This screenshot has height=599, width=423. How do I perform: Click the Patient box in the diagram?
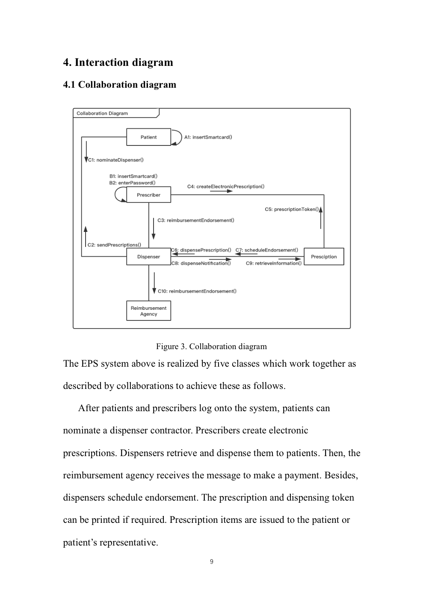[x=148, y=137]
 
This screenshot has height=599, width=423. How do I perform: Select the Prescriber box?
[x=148, y=195]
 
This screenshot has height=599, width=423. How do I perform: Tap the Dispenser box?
[x=148, y=257]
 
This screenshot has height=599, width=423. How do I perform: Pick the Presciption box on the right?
[x=324, y=257]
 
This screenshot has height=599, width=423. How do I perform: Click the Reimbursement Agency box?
[x=148, y=311]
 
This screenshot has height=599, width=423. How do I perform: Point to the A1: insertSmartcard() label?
[x=208, y=137]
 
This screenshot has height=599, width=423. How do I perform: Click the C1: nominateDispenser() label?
[x=116, y=160]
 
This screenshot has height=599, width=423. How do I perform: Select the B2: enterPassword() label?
[x=132, y=183]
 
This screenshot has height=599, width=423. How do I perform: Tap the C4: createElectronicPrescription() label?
[x=226, y=187]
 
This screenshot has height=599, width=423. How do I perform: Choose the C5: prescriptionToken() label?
[x=291, y=209]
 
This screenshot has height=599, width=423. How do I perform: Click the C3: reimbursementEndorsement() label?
[x=196, y=220]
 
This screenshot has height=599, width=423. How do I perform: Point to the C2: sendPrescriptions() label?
[x=114, y=245]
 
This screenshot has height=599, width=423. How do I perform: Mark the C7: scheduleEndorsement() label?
[x=267, y=250]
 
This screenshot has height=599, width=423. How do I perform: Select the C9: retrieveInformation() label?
[x=274, y=263]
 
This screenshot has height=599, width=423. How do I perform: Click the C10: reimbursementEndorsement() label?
[x=197, y=291]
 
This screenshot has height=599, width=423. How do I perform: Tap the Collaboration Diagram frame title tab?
[x=103, y=113]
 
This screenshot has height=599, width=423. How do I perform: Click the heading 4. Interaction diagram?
[x=118, y=62]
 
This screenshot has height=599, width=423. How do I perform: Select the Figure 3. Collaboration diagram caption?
[x=211, y=346]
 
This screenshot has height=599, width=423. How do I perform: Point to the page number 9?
[x=212, y=562]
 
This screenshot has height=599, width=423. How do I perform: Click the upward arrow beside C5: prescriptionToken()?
[x=321, y=217]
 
